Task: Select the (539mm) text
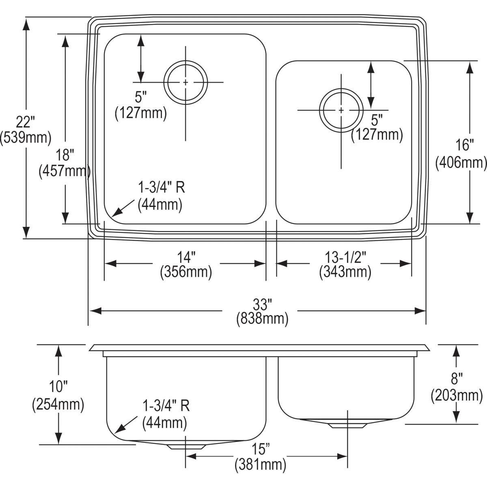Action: pyautogui.click(x=26, y=138)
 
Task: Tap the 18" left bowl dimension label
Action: pyautogui.click(x=65, y=155)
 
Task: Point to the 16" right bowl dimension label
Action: pyautogui.click(x=461, y=145)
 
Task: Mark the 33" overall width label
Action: pyautogui.click(x=262, y=304)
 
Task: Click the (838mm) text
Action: pyautogui.click(x=262, y=319)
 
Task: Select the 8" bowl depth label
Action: pyautogui.click(x=457, y=379)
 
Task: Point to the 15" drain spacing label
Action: pyautogui.click(x=260, y=449)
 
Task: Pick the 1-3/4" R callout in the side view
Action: pyautogui.click(x=166, y=405)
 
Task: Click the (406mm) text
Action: pyautogui.click(x=461, y=162)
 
